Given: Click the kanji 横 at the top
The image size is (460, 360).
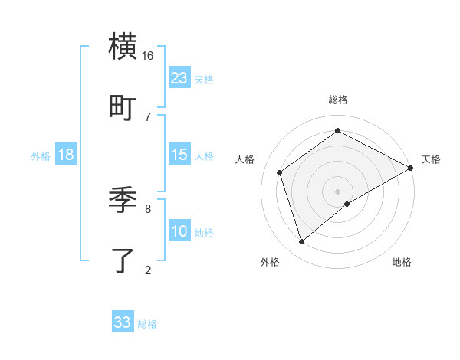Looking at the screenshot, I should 123,47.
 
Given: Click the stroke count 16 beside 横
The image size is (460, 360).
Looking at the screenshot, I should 147,56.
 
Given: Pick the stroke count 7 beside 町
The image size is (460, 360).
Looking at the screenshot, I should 147,116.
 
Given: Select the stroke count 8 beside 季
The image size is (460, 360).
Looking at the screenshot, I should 147,208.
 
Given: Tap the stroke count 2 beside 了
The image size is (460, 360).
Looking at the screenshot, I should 147,269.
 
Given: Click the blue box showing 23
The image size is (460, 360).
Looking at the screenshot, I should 179,77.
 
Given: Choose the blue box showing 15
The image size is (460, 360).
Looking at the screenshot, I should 179,155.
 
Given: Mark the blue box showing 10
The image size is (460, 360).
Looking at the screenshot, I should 179,231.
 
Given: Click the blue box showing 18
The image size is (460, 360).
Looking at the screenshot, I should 65,155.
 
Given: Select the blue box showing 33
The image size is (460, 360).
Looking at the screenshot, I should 123,322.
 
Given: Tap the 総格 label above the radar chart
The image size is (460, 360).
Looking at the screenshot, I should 337,100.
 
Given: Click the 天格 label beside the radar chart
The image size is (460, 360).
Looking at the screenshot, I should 431,159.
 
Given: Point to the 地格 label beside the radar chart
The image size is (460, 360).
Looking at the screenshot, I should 402,263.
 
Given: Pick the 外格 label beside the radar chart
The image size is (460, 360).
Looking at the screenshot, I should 269,263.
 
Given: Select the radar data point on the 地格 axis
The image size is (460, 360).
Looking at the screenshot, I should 348,204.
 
